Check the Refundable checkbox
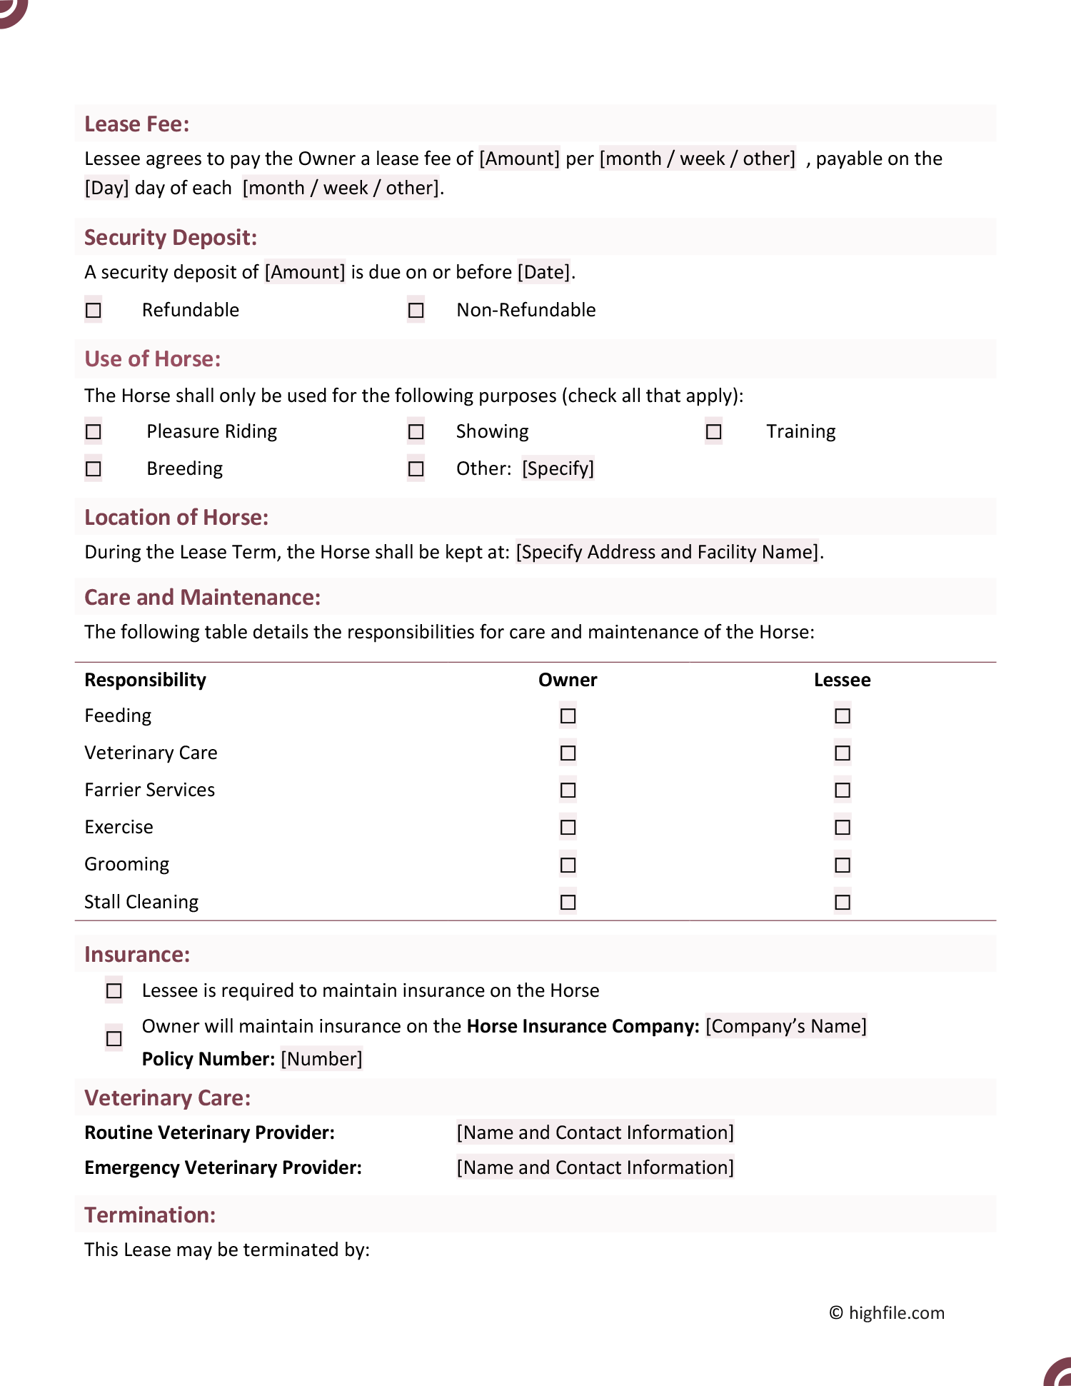[x=94, y=310]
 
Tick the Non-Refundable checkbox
[x=416, y=310]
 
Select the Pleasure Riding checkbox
[x=94, y=431]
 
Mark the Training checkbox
[x=713, y=431]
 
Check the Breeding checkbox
[x=94, y=468]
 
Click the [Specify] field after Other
[x=558, y=468]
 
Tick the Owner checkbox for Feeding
[x=568, y=715]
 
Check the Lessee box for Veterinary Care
[x=843, y=753]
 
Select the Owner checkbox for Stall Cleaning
[x=568, y=902]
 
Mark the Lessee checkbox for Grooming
[x=843, y=865]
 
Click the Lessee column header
[x=842, y=680]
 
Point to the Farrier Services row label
[x=149, y=790]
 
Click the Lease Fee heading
[x=137, y=124]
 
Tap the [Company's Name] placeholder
[x=785, y=1026]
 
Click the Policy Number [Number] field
[x=321, y=1058]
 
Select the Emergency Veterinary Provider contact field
[x=595, y=1167]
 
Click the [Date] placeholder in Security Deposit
[x=543, y=272]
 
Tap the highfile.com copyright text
[x=887, y=1312]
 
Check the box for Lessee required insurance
[x=114, y=990]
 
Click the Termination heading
[x=150, y=1215]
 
